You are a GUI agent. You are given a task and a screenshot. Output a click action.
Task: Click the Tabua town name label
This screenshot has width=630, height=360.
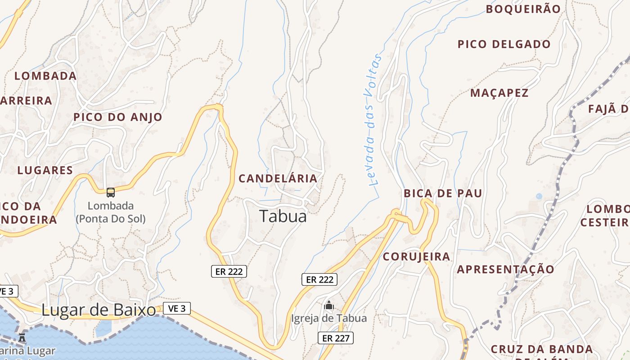pos(283,216)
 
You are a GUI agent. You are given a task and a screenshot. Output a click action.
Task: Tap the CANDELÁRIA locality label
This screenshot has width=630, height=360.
pos(278,178)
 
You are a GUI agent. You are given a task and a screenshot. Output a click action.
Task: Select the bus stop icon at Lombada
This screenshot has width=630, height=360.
pos(111,193)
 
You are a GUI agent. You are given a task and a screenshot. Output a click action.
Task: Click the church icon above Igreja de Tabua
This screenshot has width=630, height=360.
pos(329,306)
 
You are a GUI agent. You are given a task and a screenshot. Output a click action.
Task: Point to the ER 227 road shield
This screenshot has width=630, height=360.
pos(336,338)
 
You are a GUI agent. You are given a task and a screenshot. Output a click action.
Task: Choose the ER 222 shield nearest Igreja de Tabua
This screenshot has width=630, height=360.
pos(319,279)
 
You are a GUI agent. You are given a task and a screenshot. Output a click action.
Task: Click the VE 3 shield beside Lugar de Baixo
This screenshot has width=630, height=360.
pos(177,308)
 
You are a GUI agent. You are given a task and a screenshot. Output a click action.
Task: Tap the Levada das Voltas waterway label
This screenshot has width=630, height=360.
pos(372,120)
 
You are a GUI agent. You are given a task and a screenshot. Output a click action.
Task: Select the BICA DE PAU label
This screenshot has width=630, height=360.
pos(443,193)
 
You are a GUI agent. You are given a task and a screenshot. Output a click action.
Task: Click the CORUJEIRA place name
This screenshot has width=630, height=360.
pos(416,256)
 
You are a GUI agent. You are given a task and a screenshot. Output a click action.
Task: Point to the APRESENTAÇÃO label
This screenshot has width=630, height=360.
pos(506,269)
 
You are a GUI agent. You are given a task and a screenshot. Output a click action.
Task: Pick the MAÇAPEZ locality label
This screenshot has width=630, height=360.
pos(499,93)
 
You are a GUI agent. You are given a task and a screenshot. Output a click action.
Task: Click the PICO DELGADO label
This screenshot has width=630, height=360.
pos(504,44)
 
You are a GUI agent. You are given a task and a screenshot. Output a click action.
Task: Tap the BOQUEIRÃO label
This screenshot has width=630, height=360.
pos(523,9)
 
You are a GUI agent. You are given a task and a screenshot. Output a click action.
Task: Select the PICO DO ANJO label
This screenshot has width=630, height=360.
pos(118,117)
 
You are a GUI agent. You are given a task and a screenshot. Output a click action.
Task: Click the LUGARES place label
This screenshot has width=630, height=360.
pos(45,170)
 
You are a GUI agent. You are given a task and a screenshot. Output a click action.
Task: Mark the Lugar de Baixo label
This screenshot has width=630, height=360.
pos(99,310)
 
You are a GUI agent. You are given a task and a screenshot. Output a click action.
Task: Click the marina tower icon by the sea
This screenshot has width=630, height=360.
pos(22,337)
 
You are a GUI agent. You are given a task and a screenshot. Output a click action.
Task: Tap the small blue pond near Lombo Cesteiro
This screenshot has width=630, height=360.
pos(539,196)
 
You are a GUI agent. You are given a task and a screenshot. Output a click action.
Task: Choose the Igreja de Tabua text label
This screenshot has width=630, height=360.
pos(329,318)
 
